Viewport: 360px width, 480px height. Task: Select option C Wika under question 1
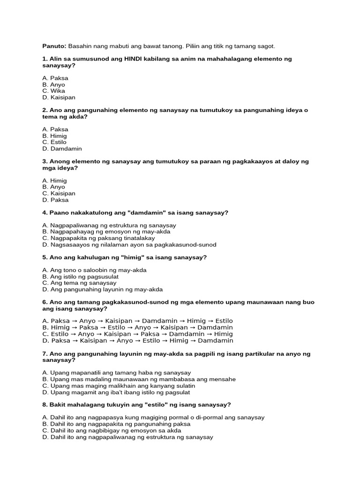[x=53, y=91]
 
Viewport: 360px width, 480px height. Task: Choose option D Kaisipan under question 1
[x=58, y=97]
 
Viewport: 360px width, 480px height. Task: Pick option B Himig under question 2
[x=54, y=135]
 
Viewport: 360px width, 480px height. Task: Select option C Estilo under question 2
[x=54, y=142]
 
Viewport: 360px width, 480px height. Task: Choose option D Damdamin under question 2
[x=61, y=149]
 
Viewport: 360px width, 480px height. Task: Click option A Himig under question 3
[x=54, y=180]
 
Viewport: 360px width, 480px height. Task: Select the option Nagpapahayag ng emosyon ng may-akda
[x=106, y=232]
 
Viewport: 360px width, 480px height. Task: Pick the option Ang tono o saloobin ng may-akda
[x=94, y=270]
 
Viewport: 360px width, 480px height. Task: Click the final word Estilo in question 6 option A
[x=223, y=321]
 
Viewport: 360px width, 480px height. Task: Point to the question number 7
[x=44, y=353]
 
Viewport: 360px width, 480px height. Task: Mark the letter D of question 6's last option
[x=45, y=340]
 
